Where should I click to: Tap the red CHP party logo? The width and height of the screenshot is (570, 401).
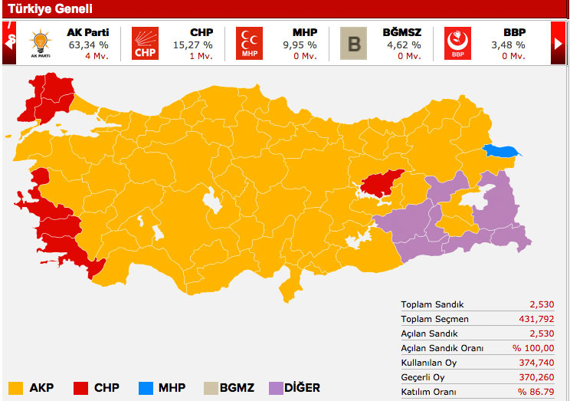point(146,43)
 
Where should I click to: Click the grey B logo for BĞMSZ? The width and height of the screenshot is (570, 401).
point(354,43)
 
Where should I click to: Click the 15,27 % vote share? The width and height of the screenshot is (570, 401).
point(192,44)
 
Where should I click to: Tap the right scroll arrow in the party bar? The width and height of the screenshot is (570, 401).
point(559,43)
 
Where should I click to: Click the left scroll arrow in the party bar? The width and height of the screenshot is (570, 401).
point(9,43)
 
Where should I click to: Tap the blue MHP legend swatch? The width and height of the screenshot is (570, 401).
point(146,387)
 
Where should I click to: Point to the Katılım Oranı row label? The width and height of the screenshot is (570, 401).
point(434,392)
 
